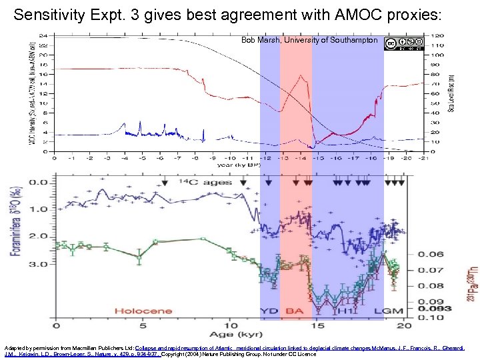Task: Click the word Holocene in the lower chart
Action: (x=143, y=310)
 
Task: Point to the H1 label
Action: (x=346, y=310)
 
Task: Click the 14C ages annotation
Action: (x=205, y=182)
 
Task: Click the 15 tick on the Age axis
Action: (x=317, y=325)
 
